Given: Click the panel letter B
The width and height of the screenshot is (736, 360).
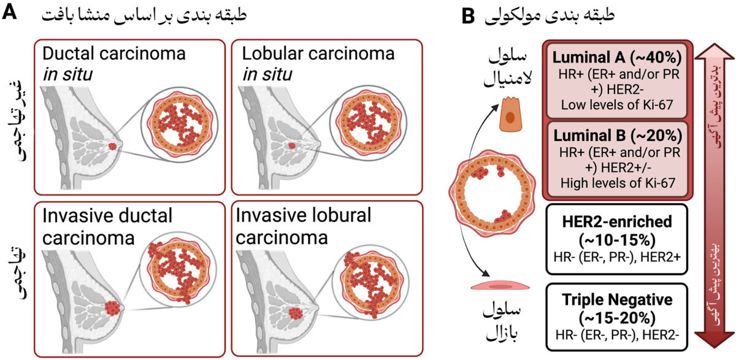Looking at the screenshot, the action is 468,15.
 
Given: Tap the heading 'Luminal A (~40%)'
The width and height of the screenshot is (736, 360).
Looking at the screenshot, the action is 617,57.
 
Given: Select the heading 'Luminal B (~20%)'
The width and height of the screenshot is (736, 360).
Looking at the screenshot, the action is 618,136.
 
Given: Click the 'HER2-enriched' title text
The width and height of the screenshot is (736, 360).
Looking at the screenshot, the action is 617,221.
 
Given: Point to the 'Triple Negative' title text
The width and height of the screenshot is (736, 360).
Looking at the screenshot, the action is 617,299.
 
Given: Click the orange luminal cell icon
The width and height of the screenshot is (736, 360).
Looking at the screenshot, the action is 510,114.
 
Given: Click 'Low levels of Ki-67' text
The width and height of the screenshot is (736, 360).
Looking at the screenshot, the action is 617,105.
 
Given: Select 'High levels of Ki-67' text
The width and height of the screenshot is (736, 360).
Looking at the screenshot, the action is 618,183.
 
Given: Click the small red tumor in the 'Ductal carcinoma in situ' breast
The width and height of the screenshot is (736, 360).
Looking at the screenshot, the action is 113,146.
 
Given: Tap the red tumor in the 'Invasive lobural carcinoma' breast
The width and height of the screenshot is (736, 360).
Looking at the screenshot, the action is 296,313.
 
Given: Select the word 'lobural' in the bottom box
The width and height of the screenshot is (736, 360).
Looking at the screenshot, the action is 337,215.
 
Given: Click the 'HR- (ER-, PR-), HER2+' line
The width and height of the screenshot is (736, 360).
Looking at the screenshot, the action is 617,257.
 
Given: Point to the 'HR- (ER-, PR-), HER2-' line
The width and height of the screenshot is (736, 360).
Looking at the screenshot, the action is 617,335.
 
